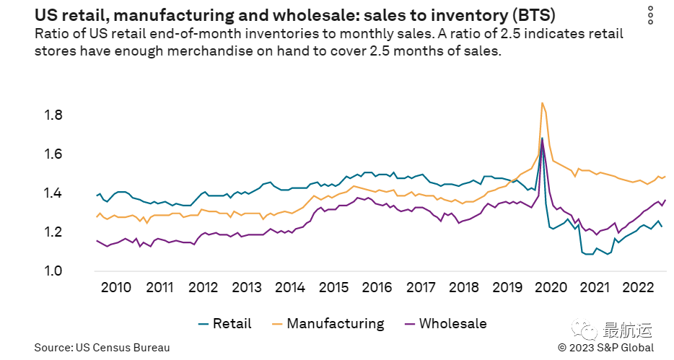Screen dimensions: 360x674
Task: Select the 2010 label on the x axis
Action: point(115,287)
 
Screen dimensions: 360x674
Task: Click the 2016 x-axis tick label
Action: point(377,287)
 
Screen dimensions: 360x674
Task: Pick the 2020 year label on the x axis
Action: point(551,287)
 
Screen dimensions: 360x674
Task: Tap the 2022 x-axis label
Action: point(637,287)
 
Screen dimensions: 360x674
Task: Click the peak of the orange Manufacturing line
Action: point(542,102)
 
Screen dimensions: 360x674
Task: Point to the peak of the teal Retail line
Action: point(542,138)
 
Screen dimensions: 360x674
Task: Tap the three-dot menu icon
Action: point(651,16)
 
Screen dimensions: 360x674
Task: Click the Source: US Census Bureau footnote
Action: point(102,348)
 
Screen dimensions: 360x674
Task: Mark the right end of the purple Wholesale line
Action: point(665,200)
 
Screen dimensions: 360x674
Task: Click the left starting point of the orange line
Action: point(96,216)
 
